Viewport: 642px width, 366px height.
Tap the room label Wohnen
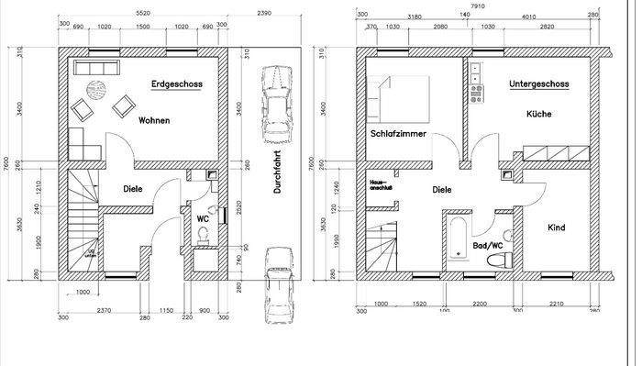pos(154,120)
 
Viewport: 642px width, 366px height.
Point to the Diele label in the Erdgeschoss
pos(134,189)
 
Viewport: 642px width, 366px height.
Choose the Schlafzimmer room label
pos(397,133)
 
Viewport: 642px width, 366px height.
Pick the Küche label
pos(539,115)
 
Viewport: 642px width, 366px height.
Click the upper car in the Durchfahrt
pos(274,104)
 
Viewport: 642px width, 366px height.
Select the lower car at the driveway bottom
pos(277,284)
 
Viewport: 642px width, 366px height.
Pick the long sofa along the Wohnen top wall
pos(92,69)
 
